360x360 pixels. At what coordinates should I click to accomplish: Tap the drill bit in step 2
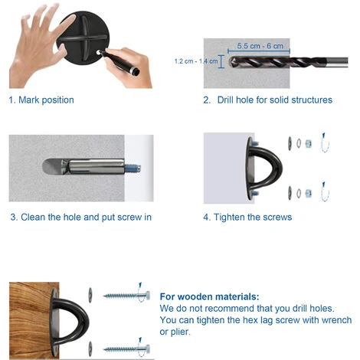point(289,62)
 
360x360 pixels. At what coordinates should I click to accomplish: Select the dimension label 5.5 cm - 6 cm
point(260,46)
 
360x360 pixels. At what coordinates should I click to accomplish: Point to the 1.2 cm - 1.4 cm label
point(196,61)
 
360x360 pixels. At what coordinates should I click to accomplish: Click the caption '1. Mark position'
point(41,100)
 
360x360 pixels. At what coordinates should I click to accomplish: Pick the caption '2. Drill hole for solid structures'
point(268,100)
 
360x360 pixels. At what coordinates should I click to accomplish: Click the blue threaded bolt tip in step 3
point(133,169)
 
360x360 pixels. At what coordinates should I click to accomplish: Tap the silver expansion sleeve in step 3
point(97,166)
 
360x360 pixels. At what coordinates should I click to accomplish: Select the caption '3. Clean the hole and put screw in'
point(81,218)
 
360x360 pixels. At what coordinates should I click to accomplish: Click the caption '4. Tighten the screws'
point(247,218)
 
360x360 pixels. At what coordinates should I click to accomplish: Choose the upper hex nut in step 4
point(309,143)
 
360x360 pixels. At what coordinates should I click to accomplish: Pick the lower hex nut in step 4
point(309,193)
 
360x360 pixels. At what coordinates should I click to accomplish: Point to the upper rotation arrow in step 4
point(325,142)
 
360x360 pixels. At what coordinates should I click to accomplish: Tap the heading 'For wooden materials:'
point(209,296)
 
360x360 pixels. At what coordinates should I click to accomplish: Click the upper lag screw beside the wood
point(126,296)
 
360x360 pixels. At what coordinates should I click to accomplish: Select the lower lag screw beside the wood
point(126,349)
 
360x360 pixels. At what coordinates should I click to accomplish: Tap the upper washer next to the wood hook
point(90,295)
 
